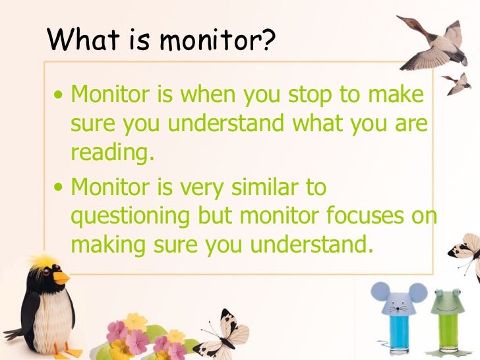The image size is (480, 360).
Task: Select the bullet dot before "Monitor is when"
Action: [59, 98]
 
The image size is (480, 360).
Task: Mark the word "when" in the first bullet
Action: [206, 95]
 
